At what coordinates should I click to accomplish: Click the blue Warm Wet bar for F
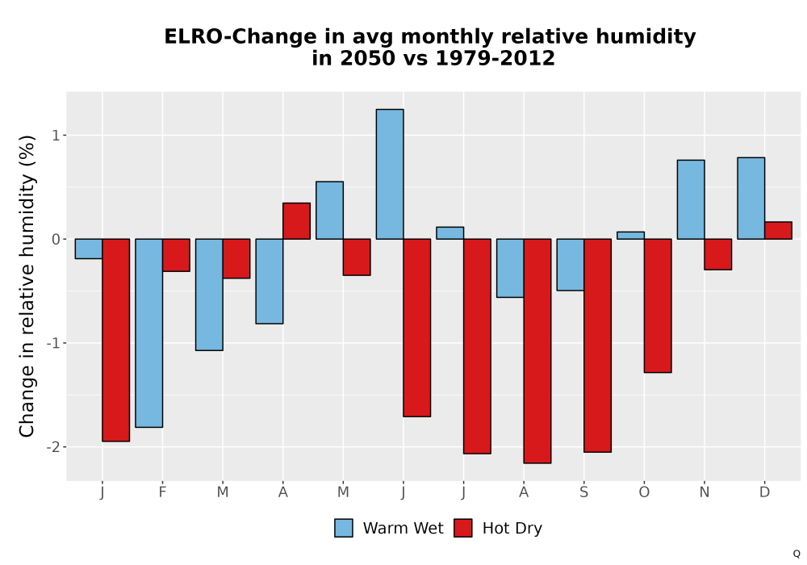tap(148, 333)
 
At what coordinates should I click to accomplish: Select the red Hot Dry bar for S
tap(597, 345)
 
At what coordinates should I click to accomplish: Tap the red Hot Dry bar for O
tap(658, 306)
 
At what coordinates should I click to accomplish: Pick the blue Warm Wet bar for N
tap(691, 199)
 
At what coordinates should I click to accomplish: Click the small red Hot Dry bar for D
tap(778, 231)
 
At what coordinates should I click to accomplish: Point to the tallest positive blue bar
tap(390, 174)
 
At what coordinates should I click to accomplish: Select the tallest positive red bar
tap(296, 220)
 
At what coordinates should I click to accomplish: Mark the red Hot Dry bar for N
tap(718, 254)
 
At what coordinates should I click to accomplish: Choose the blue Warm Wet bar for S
tap(571, 265)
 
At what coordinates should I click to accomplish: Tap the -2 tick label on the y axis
tap(53, 446)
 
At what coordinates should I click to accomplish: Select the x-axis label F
tap(163, 492)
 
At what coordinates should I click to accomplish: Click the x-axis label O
tap(644, 492)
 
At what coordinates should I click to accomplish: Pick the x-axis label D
tap(765, 492)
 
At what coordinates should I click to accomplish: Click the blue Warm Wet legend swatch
tap(344, 528)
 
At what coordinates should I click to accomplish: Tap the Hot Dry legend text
tap(512, 529)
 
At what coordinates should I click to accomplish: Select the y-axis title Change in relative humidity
tap(27, 286)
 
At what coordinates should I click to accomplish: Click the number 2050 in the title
tap(367, 58)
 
